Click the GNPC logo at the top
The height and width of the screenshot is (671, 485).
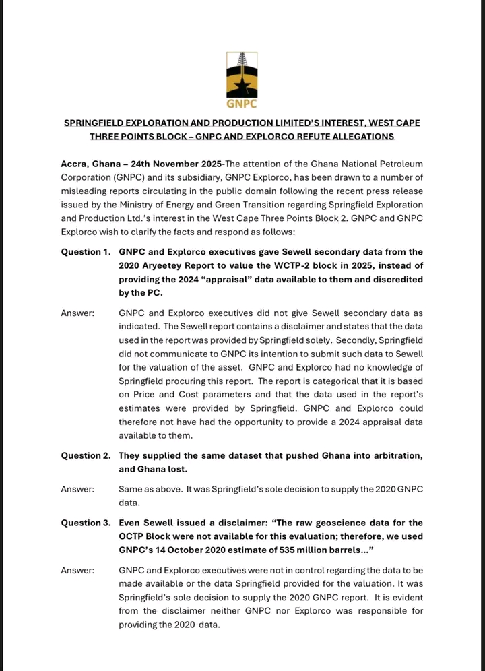243,79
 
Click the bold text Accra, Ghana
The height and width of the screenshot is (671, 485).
93,164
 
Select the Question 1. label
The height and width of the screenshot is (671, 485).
86,252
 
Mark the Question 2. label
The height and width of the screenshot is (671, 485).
86,455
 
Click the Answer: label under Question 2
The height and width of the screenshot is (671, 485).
77,489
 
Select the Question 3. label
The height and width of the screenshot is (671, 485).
86,523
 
